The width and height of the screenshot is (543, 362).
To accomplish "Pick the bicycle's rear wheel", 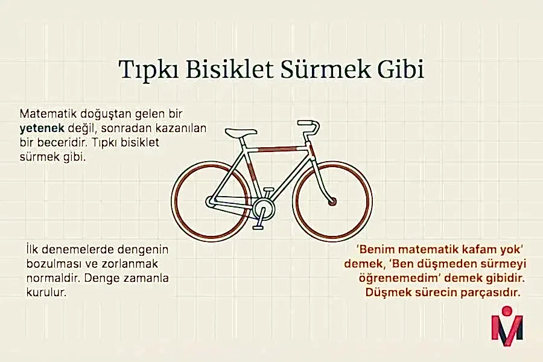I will click(x=209, y=200).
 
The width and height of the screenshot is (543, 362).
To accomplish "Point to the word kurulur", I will click(x=46, y=293).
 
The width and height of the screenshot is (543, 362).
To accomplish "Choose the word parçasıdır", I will click(x=489, y=293).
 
